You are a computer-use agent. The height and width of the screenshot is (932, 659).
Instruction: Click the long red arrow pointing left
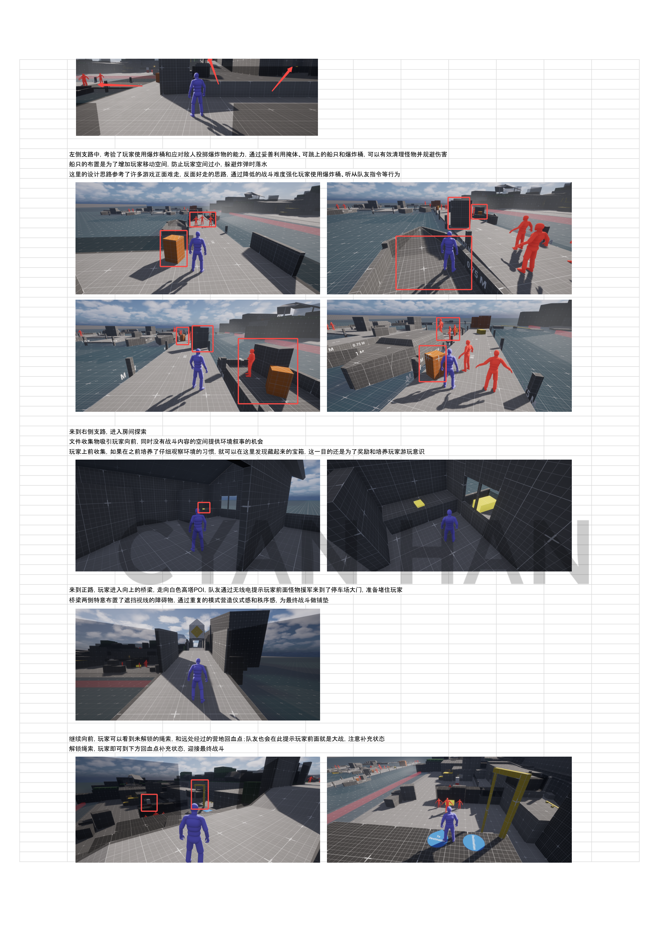120,85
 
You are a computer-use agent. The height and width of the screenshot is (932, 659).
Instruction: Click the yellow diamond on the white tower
197,631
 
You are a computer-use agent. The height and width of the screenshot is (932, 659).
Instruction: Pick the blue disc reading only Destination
473,842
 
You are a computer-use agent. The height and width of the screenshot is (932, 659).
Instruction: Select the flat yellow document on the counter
419,503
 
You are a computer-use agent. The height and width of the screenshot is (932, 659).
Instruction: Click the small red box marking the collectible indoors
204,508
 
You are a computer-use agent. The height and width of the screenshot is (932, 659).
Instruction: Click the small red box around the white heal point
149,803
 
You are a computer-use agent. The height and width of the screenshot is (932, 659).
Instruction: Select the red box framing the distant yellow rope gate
200,794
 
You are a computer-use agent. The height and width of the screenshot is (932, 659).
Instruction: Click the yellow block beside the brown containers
481,331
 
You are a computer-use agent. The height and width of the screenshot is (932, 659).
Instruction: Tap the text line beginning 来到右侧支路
108,431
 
